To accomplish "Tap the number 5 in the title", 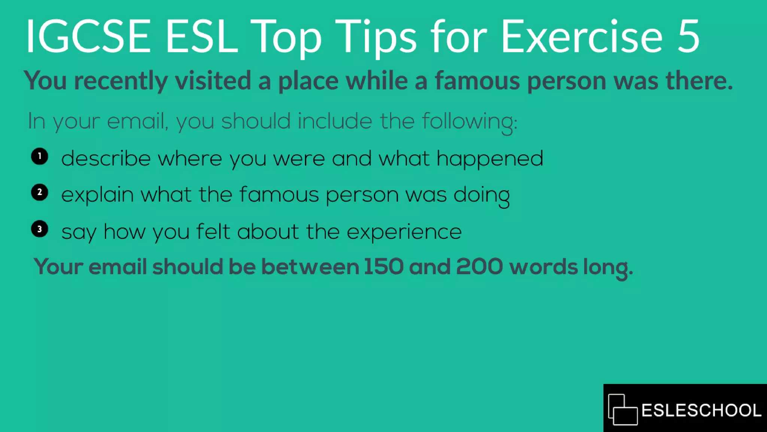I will click(688, 36).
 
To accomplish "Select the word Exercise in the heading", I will click(582, 36).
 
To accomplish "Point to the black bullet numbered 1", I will click(40, 156).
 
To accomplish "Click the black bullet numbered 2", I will click(40, 192).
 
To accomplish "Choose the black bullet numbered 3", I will click(40, 229).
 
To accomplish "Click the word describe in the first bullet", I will click(106, 158).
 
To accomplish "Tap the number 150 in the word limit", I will click(383, 267).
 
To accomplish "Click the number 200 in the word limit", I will click(479, 267).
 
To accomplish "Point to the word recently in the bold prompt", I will click(121, 81).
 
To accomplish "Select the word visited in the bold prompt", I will click(213, 80).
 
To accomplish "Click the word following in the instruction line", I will click(470, 122).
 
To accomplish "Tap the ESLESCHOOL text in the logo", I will click(701, 410).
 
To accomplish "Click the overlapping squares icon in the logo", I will click(622, 409).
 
